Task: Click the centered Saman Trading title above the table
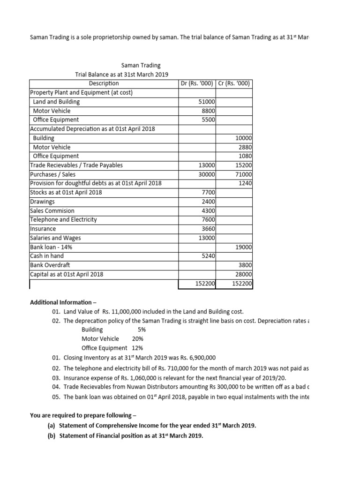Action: pyautogui.click(x=141, y=66)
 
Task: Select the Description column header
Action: pyautogui.click(x=104, y=83)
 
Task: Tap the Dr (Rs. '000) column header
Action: pyautogui.click(x=197, y=83)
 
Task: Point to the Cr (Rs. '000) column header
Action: pyautogui.click(x=234, y=83)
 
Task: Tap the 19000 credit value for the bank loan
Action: pyautogui.click(x=244, y=247)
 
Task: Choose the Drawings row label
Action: pyautogui.click(x=42, y=202)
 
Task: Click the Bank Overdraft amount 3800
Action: pyautogui.click(x=245, y=265)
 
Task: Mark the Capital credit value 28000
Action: pyautogui.click(x=244, y=274)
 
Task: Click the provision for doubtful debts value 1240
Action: pyautogui.click(x=245, y=183)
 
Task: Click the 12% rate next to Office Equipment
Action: pyautogui.click(x=135, y=348)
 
